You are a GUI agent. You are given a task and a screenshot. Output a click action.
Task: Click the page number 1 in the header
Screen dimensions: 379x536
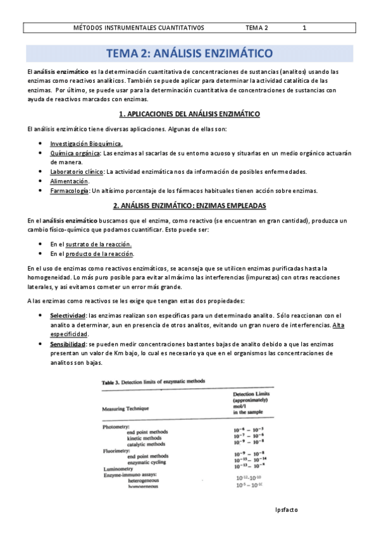coord(304,28)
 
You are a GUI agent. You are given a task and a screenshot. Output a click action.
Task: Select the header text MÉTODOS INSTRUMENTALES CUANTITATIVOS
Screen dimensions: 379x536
coord(139,28)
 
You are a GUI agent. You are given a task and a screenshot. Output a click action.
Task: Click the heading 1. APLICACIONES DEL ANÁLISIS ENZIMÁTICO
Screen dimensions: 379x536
coord(189,114)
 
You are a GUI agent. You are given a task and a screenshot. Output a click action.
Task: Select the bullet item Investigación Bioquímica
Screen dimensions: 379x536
coord(86,143)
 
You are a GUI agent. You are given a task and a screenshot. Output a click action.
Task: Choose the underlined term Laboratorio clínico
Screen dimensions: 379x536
coord(77,172)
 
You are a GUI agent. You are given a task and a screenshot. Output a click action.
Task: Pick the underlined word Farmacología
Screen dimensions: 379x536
coord(70,191)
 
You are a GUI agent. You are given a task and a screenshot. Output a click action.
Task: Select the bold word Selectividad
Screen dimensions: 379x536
coord(69,315)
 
